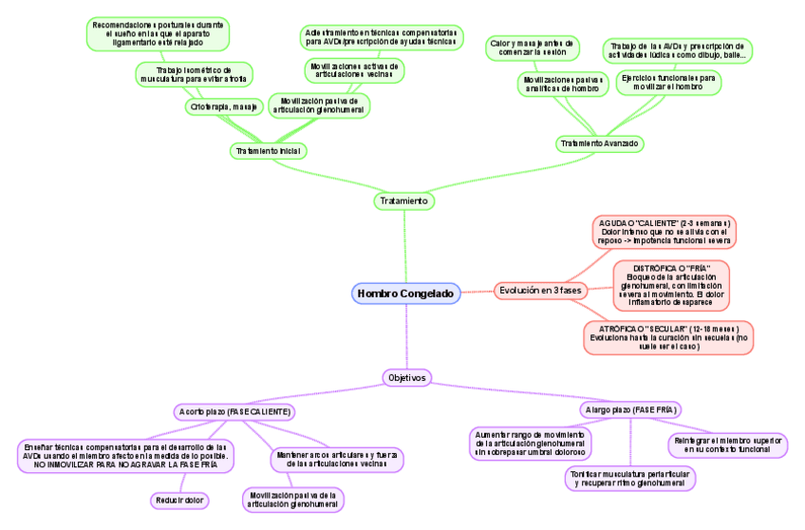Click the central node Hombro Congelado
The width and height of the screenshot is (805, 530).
tap(406, 293)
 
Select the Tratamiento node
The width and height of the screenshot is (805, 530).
tap(404, 201)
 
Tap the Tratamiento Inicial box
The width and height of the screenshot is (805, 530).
tap(270, 151)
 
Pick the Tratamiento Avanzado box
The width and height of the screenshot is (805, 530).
tap(600, 143)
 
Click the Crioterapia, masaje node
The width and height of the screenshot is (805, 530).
tap(224, 107)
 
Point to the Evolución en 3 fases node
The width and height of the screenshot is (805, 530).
tap(542, 290)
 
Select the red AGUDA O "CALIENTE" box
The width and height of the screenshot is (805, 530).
tap(665, 231)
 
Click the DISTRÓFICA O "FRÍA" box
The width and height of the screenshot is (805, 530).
tap(671, 284)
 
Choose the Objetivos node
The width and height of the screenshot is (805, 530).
tap(406, 377)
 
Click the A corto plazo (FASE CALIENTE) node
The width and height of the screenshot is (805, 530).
tap(234, 411)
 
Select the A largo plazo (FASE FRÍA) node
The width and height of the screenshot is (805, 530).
tap(630, 409)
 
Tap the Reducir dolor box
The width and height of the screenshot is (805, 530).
tap(179, 500)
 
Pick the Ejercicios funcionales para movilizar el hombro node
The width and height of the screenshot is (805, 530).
tap(668, 82)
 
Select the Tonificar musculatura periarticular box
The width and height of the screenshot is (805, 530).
tap(629, 478)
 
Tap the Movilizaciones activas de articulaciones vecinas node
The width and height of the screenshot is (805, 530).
tap(353, 71)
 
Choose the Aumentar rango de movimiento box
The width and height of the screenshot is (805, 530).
tap(531, 444)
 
